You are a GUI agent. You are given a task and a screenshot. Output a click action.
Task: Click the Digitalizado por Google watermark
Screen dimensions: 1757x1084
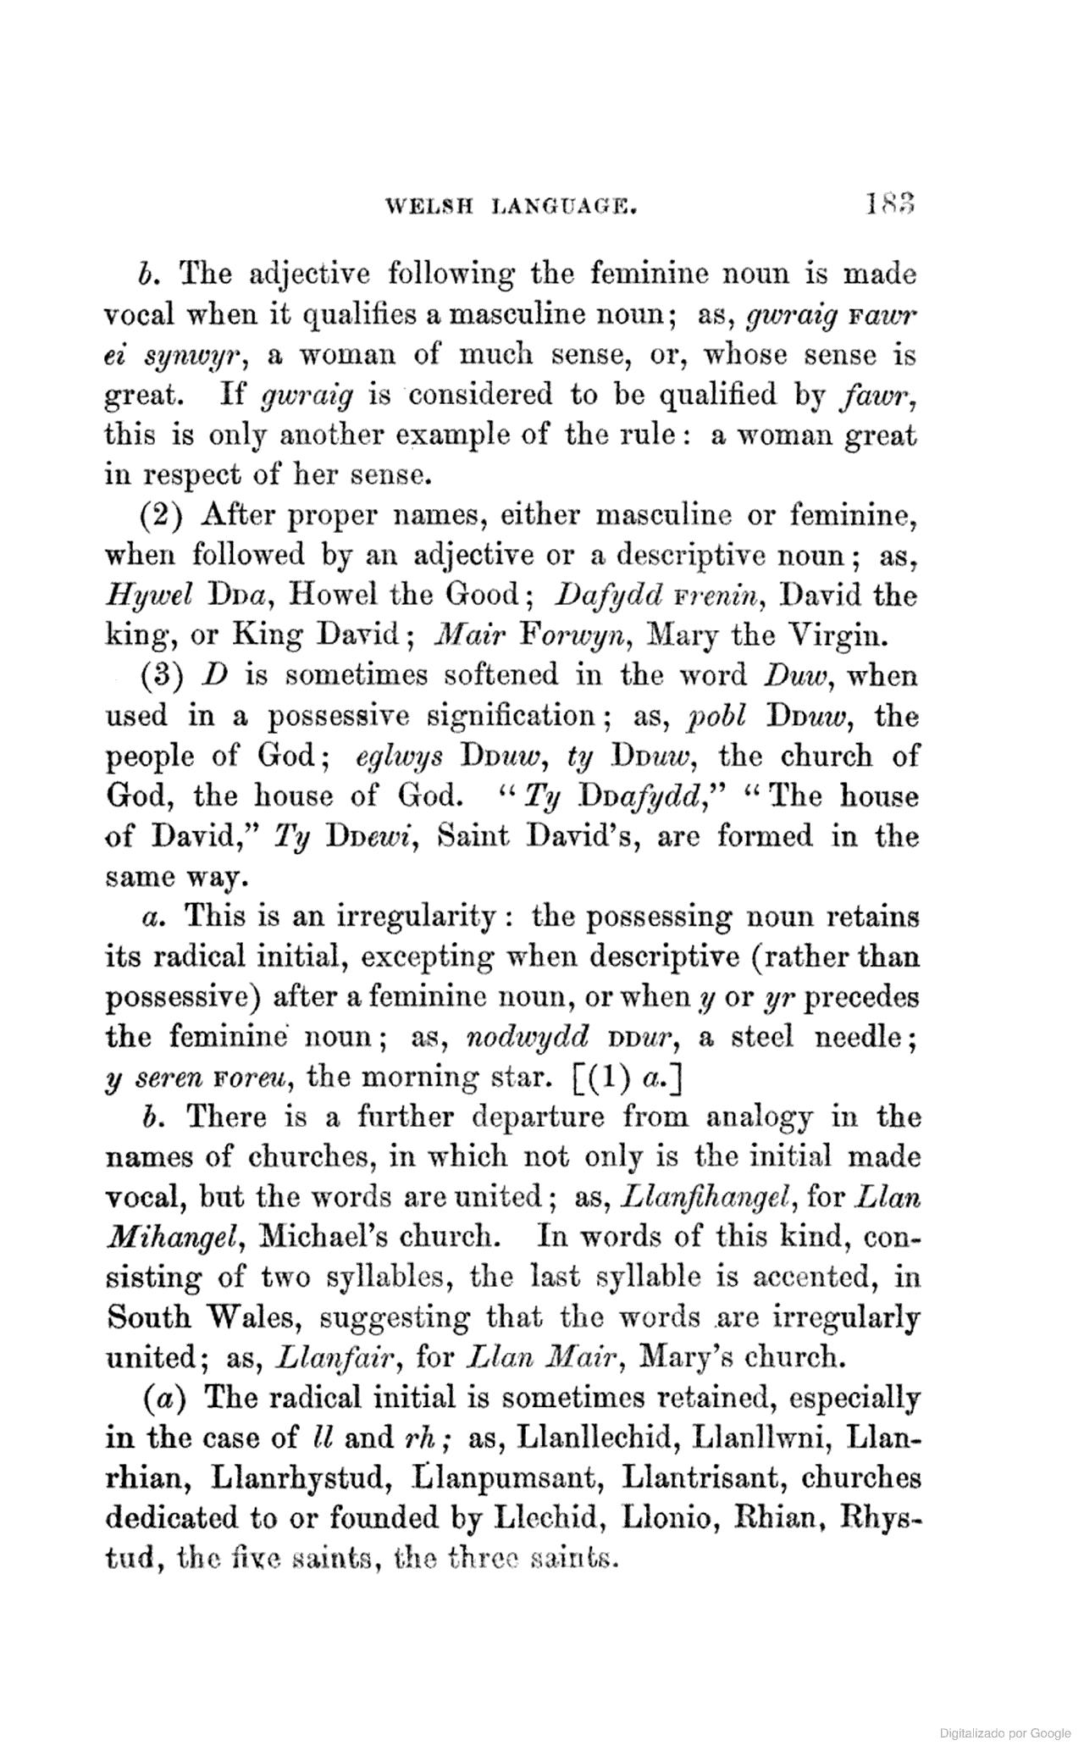(1005, 1733)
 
